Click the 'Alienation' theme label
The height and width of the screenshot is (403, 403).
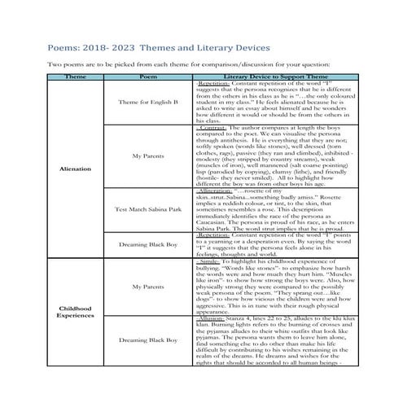pyautogui.click(x=75, y=169)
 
